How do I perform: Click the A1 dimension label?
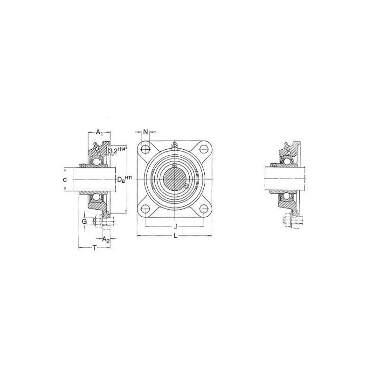click(99, 132)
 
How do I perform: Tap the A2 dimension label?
click(106, 240)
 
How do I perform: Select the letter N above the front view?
click(145, 131)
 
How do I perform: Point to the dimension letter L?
click(175, 236)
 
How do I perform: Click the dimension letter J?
click(175, 226)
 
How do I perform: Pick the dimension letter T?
click(95, 248)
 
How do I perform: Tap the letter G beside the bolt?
click(84, 222)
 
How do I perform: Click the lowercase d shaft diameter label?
click(65, 180)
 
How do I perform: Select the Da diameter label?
click(121, 180)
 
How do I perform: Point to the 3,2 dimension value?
click(113, 151)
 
